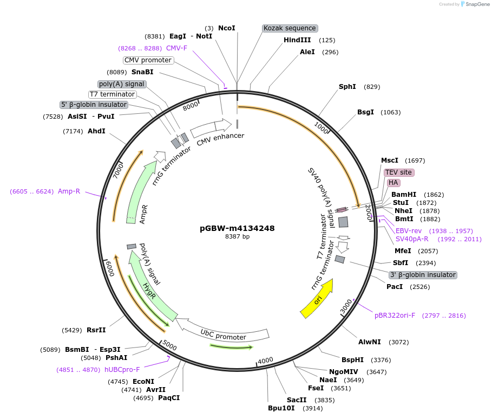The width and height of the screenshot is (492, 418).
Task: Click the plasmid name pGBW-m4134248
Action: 237,228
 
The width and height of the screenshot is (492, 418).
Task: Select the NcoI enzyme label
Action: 226,28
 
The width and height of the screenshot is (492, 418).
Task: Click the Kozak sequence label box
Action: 290,28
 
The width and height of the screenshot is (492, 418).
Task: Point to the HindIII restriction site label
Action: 297,40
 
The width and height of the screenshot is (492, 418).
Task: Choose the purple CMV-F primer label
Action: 176,48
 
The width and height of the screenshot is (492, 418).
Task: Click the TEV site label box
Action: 399,172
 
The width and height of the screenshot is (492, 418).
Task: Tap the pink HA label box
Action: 393,183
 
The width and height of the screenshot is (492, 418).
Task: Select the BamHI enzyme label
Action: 404,195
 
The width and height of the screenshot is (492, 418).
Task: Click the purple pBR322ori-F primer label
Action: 395,316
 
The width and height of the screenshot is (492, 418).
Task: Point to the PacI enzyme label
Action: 395,286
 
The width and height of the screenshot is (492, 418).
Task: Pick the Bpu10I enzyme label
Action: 281,408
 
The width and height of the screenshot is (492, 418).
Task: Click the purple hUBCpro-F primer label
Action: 122,370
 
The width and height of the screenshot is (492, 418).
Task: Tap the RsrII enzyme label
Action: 96,330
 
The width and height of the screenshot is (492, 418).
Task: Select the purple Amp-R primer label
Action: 69,191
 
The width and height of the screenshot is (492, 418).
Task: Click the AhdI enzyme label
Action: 96,131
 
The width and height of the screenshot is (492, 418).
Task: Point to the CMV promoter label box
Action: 148,60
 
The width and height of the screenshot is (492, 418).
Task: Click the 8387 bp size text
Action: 237,237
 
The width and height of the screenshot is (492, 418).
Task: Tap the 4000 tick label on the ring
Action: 265,361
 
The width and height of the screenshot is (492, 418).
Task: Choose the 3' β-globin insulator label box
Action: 423,275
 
